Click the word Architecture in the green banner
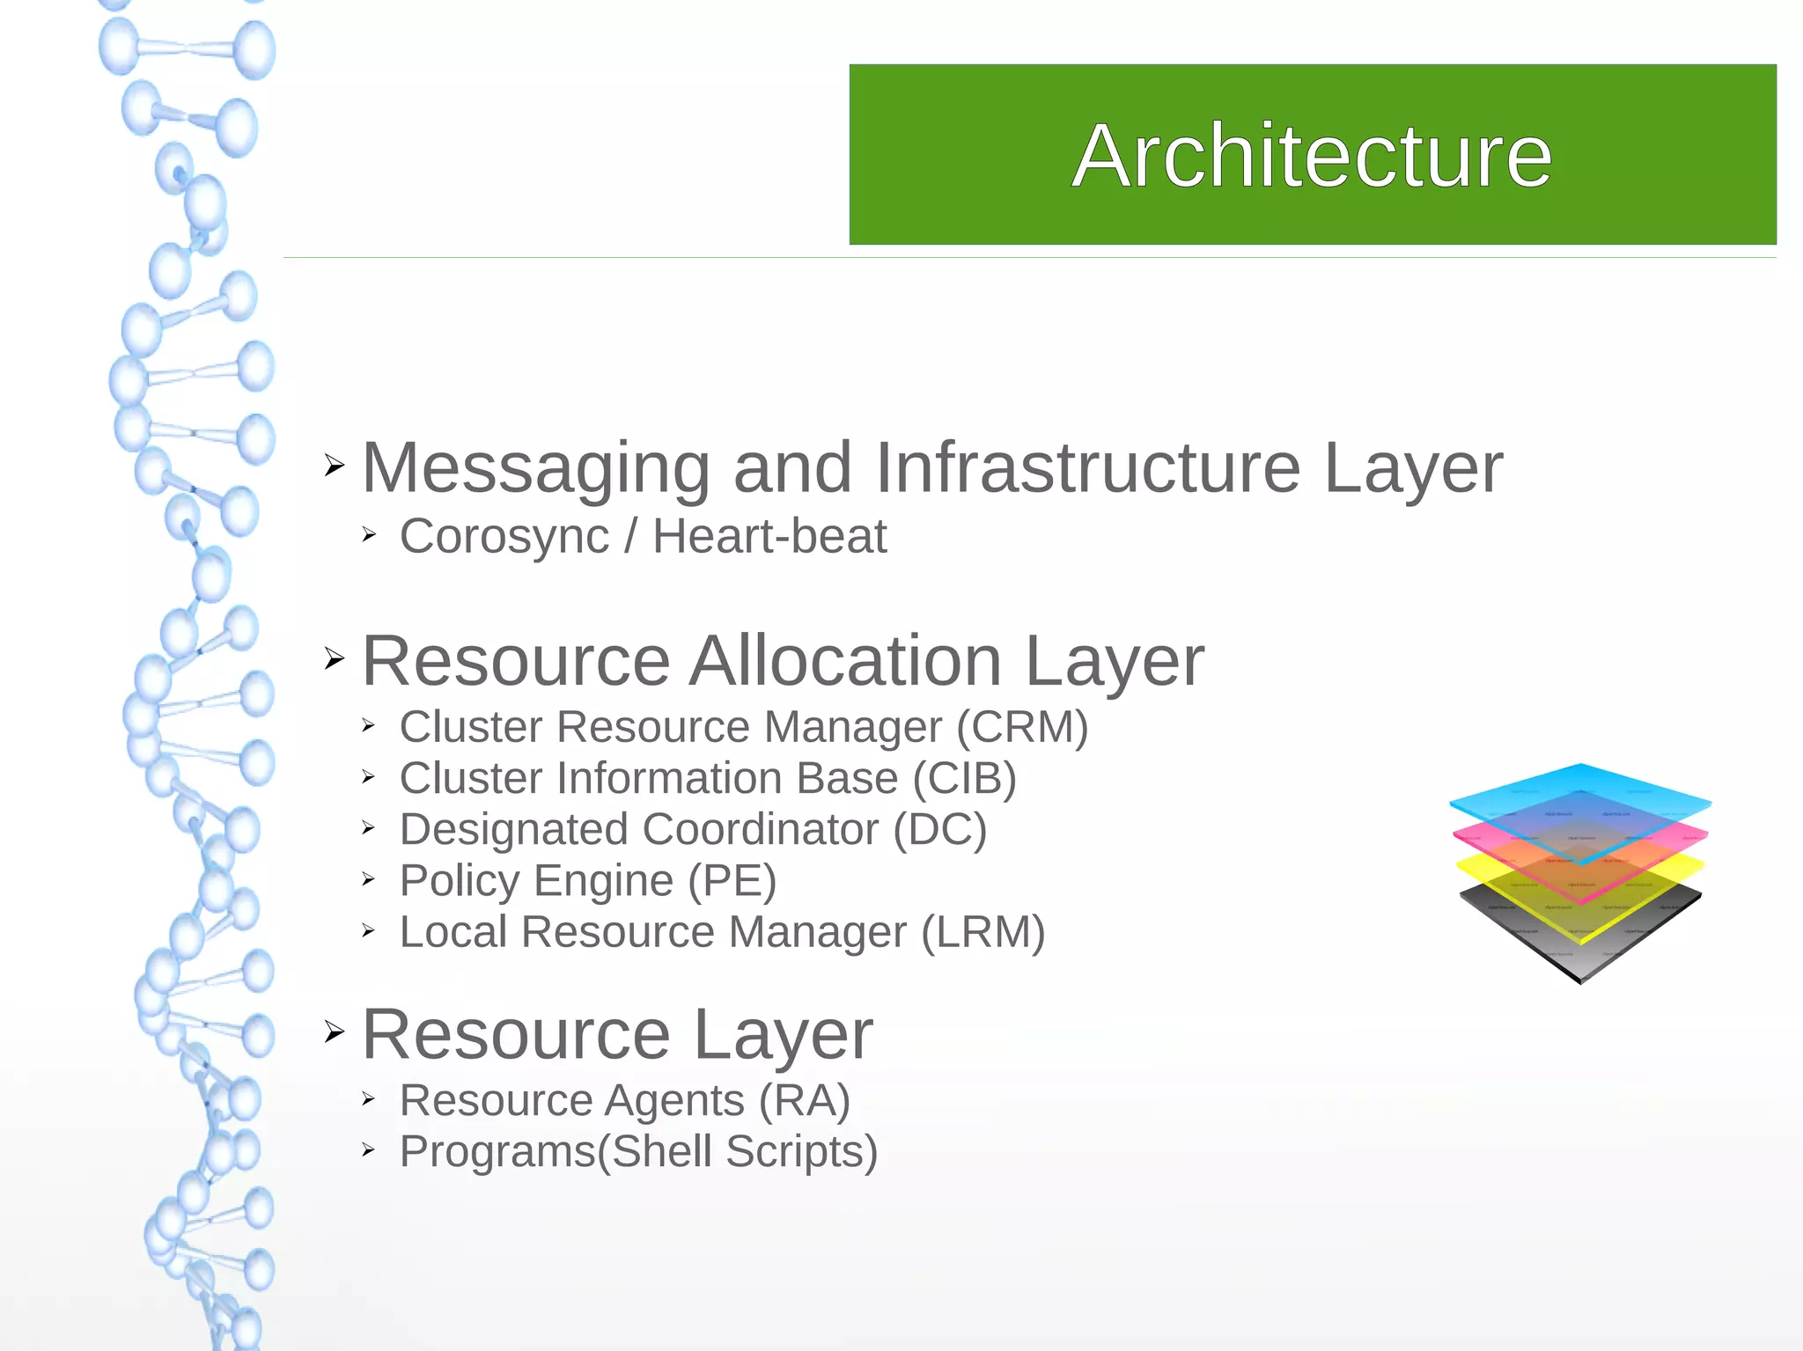tap(1312, 156)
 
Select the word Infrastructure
tap(1087, 468)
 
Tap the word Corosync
tap(504, 537)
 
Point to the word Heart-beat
tap(769, 537)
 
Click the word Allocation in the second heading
tap(845, 661)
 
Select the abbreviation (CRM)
tap(1022, 728)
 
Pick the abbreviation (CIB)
tap(964, 779)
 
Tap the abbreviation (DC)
tap(939, 830)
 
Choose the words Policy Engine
tap(536, 881)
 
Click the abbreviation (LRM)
tap(982, 932)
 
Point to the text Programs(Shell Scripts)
tap(638, 1152)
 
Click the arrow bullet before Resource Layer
tap(334, 1031)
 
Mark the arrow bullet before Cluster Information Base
tap(369, 777)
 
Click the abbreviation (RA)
tap(804, 1101)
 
